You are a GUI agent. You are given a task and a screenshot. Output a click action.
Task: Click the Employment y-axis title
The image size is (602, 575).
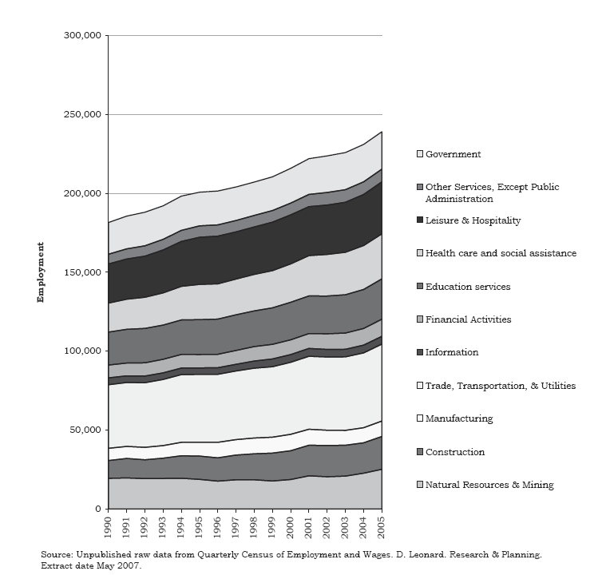pos(39,273)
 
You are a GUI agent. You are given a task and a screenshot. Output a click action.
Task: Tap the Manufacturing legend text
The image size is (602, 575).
pos(459,418)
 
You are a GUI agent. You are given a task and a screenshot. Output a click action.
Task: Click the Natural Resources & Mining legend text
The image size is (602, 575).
pos(490,485)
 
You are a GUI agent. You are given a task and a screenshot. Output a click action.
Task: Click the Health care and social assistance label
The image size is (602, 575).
pos(501,253)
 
